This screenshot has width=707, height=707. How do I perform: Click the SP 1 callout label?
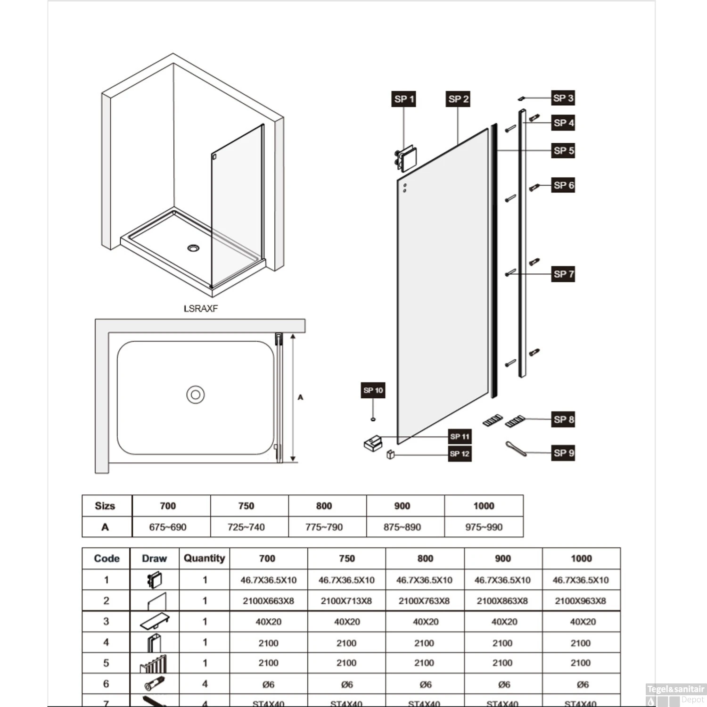(x=403, y=99)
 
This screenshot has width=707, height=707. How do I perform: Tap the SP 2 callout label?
(x=458, y=99)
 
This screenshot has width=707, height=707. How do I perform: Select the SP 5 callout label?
(x=563, y=151)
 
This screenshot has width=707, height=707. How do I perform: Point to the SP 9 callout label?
(x=563, y=453)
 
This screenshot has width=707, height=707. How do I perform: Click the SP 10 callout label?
(x=373, y=390)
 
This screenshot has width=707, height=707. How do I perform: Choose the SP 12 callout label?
(x=460, y=454)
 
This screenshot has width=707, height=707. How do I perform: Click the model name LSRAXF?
(x=201, y=309)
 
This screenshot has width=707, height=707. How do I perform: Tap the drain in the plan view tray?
(x=195, y=395)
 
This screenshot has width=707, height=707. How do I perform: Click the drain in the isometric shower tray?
(x=193, y=248)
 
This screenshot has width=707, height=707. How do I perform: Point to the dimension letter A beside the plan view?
(x=300, y=397)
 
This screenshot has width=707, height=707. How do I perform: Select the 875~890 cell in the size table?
(x=402, y=527)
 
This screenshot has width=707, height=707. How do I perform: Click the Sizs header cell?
(x=105, y=506)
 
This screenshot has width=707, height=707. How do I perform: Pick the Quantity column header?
(x=204, y=558)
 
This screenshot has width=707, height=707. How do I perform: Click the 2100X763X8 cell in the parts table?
(x=424, y=601)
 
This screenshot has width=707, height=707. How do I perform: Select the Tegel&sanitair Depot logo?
(x=675, y=694)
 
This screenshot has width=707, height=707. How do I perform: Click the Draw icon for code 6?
(x=154, y=684)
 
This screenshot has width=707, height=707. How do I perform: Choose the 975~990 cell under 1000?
(x=484, y=527)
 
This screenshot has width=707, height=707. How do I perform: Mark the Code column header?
(x=107, y=559)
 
